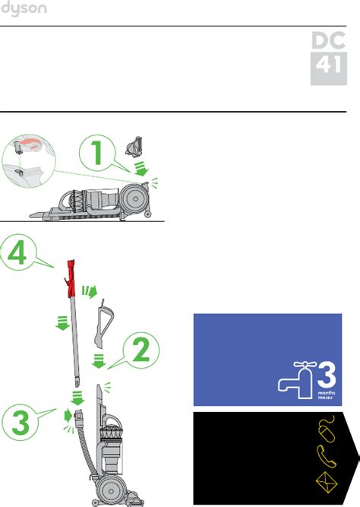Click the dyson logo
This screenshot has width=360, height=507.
click(x=24, y=8)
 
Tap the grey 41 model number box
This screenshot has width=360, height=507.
click(x=329, y=68)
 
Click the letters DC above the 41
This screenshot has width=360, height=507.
click(x=328, y=40)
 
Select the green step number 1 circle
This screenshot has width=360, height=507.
click(x=97, y=153)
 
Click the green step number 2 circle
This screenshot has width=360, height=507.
click(x=141, y=350)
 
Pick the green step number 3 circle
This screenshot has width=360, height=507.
click(x=20, y=423)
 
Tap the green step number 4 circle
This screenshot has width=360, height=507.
click(x=17, y=252)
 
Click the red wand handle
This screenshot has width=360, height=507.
click(x=71, y=278)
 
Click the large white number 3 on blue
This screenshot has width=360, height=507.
click(x=327, y=375)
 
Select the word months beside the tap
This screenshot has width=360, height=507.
click(x=327, y=393)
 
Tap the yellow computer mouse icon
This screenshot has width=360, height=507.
click(x=327, y=429)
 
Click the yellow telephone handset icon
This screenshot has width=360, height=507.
click(x=326, y=456)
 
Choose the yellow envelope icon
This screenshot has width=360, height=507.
click(x=327, y=483)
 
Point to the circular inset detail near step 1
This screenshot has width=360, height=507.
click(x=29, y=161)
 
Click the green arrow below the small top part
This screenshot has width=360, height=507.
click(x=141, y=169)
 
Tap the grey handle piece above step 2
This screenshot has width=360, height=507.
click(x=104, y=323)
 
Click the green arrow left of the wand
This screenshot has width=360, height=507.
click(x=62, y=323)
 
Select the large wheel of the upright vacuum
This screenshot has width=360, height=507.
click(x=111, y=491)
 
